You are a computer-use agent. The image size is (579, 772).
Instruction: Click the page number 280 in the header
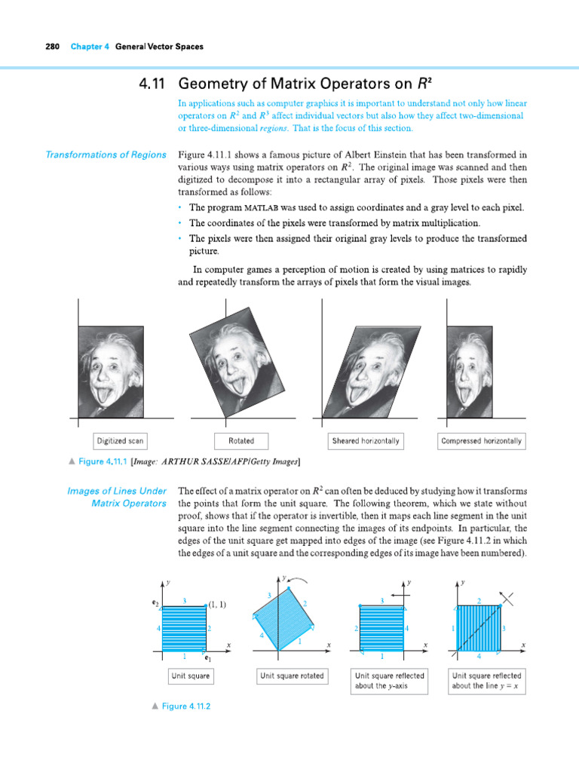[52, 47]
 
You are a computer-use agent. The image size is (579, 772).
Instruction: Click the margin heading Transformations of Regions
[106, 155]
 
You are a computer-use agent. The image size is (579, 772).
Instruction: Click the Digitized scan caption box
[119, 441]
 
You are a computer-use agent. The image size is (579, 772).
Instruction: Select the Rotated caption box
[241, 441]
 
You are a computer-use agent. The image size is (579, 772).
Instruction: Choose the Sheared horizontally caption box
[366, 441]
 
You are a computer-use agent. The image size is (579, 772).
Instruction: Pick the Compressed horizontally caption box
[481, 441]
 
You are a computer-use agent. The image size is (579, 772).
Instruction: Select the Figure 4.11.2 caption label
[185, 706]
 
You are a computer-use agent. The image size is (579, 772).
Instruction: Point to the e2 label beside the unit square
[155, 604]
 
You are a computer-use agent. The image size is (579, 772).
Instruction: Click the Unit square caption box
[190, 676]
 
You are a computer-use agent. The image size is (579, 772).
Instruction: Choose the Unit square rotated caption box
[292, 676]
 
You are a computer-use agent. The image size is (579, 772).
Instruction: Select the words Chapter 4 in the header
[90, 47]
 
